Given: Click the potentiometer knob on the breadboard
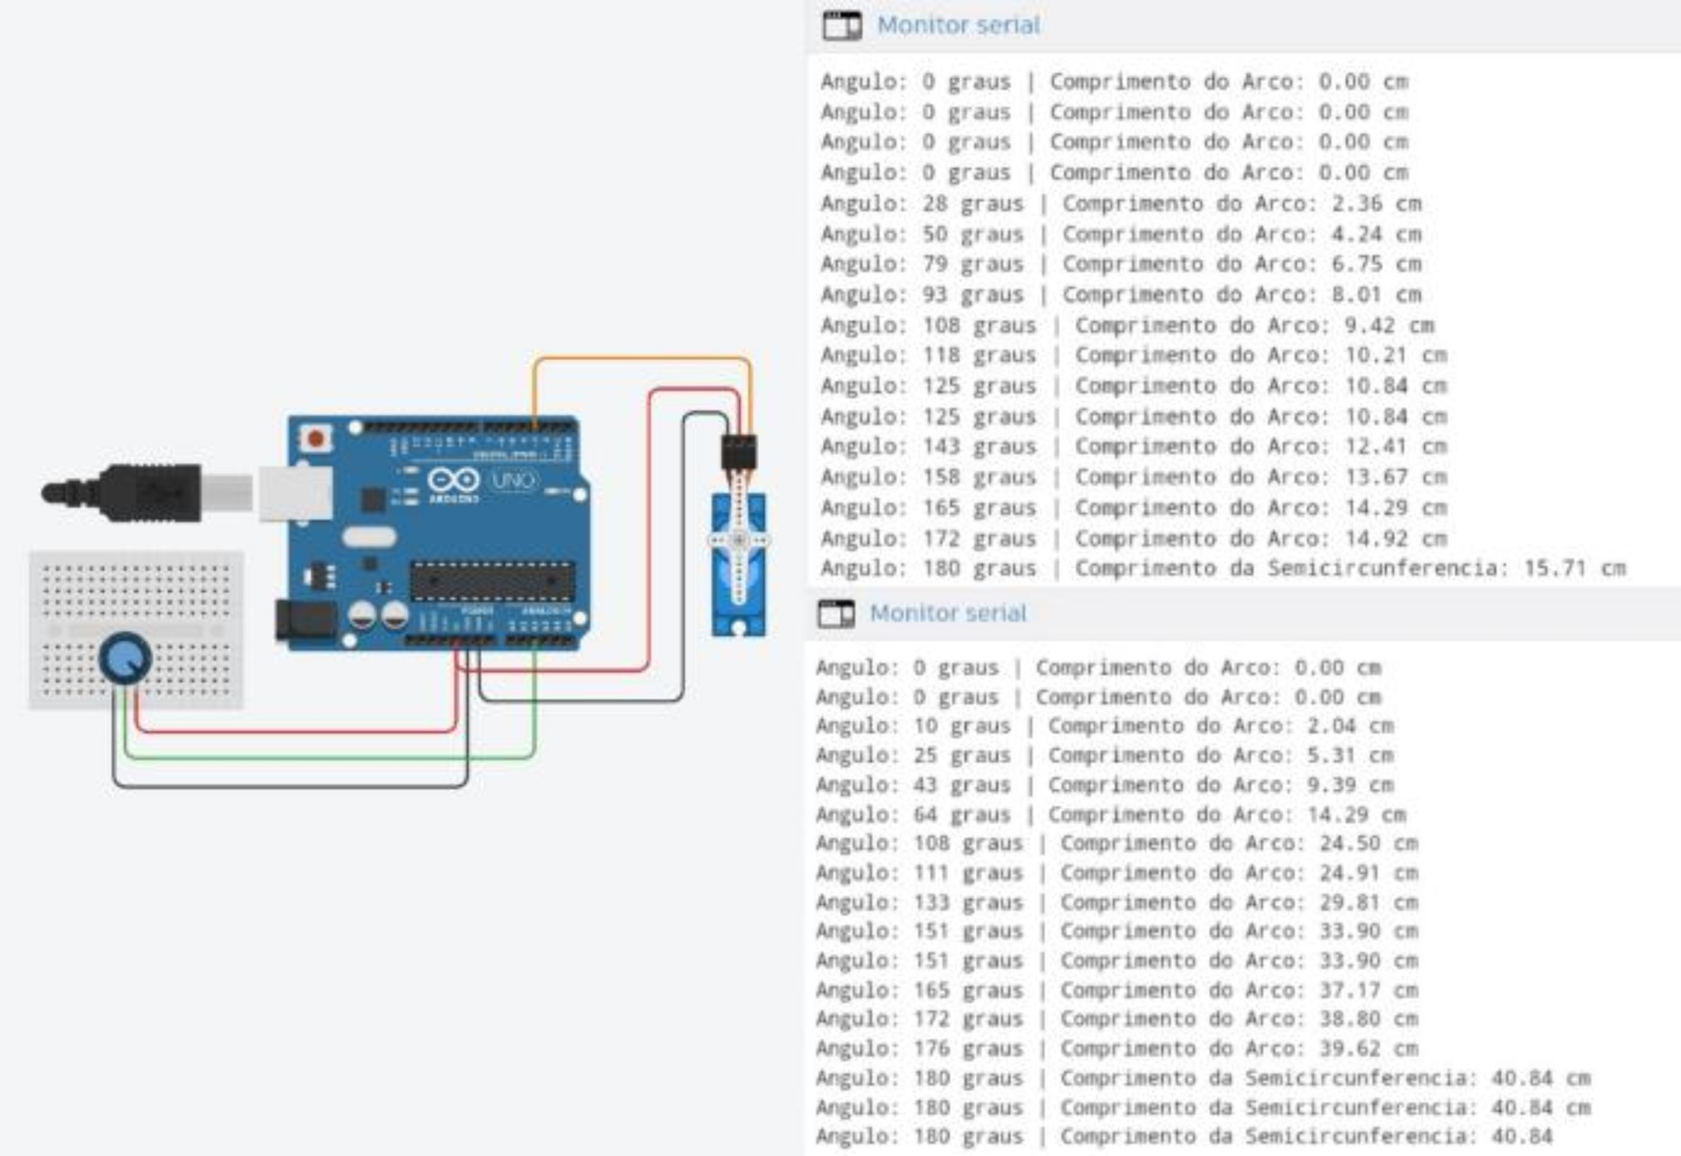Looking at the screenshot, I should click(125, 657).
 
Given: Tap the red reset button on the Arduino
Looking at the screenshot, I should click(316, 438).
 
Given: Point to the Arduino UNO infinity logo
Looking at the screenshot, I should click(453, 479).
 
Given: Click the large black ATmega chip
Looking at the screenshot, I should click(492, 580).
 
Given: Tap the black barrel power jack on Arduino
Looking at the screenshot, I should click(306, 620).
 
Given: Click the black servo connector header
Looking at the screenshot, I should click(739, 452).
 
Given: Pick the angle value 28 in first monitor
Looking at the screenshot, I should click(935, 204).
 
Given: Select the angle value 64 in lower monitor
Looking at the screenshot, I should click(925, 814).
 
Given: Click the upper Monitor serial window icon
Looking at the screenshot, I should click(842, 26).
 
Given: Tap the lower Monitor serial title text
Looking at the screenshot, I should click(948, 614).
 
